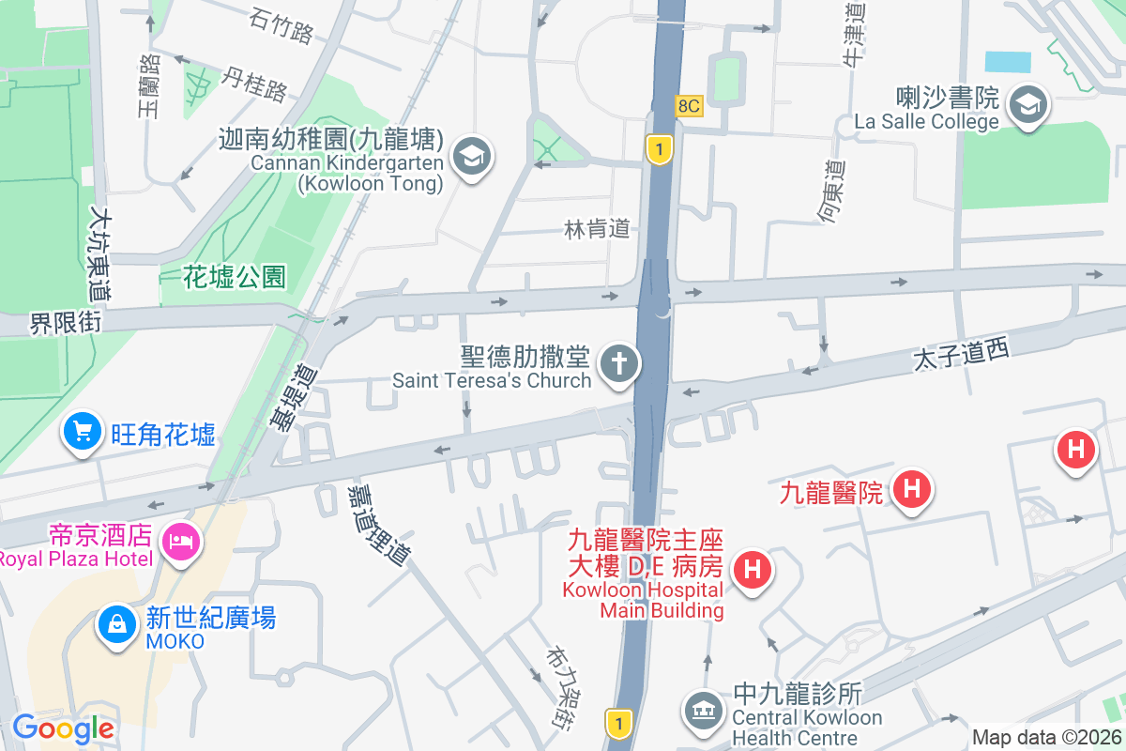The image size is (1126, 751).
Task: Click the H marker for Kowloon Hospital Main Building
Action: click(x=752, y=570)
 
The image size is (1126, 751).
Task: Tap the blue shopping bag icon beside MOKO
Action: click(x=118, y=624)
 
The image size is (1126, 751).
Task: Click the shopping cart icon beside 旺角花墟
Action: click(x=83, y=433)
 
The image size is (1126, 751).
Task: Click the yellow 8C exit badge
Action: click(x=688, y=106)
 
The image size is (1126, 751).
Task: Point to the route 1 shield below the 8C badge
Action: click(x=661, y=148)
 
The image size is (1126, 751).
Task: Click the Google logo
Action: click(x=63, y=728)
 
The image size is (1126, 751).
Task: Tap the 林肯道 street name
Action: click(x=596, y=229)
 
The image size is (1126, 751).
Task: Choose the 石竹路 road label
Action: click(x=281, y=25)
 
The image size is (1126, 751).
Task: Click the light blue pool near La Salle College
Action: click(x=1007, y=62)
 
